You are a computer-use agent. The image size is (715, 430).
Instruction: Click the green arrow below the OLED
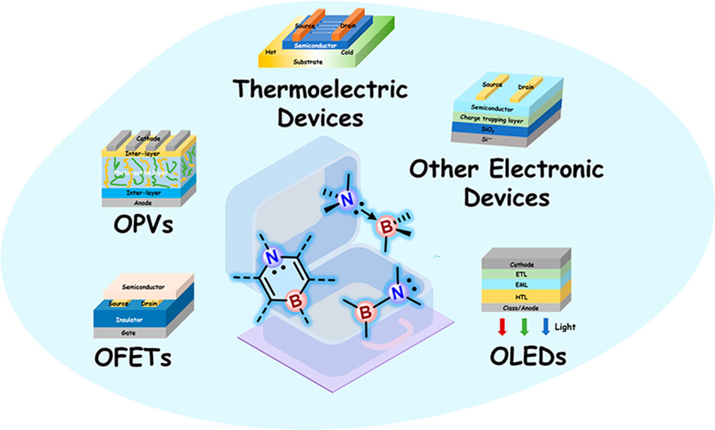(x=524, y=328)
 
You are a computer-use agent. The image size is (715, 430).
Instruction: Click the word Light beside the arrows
(x=566, y=327)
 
